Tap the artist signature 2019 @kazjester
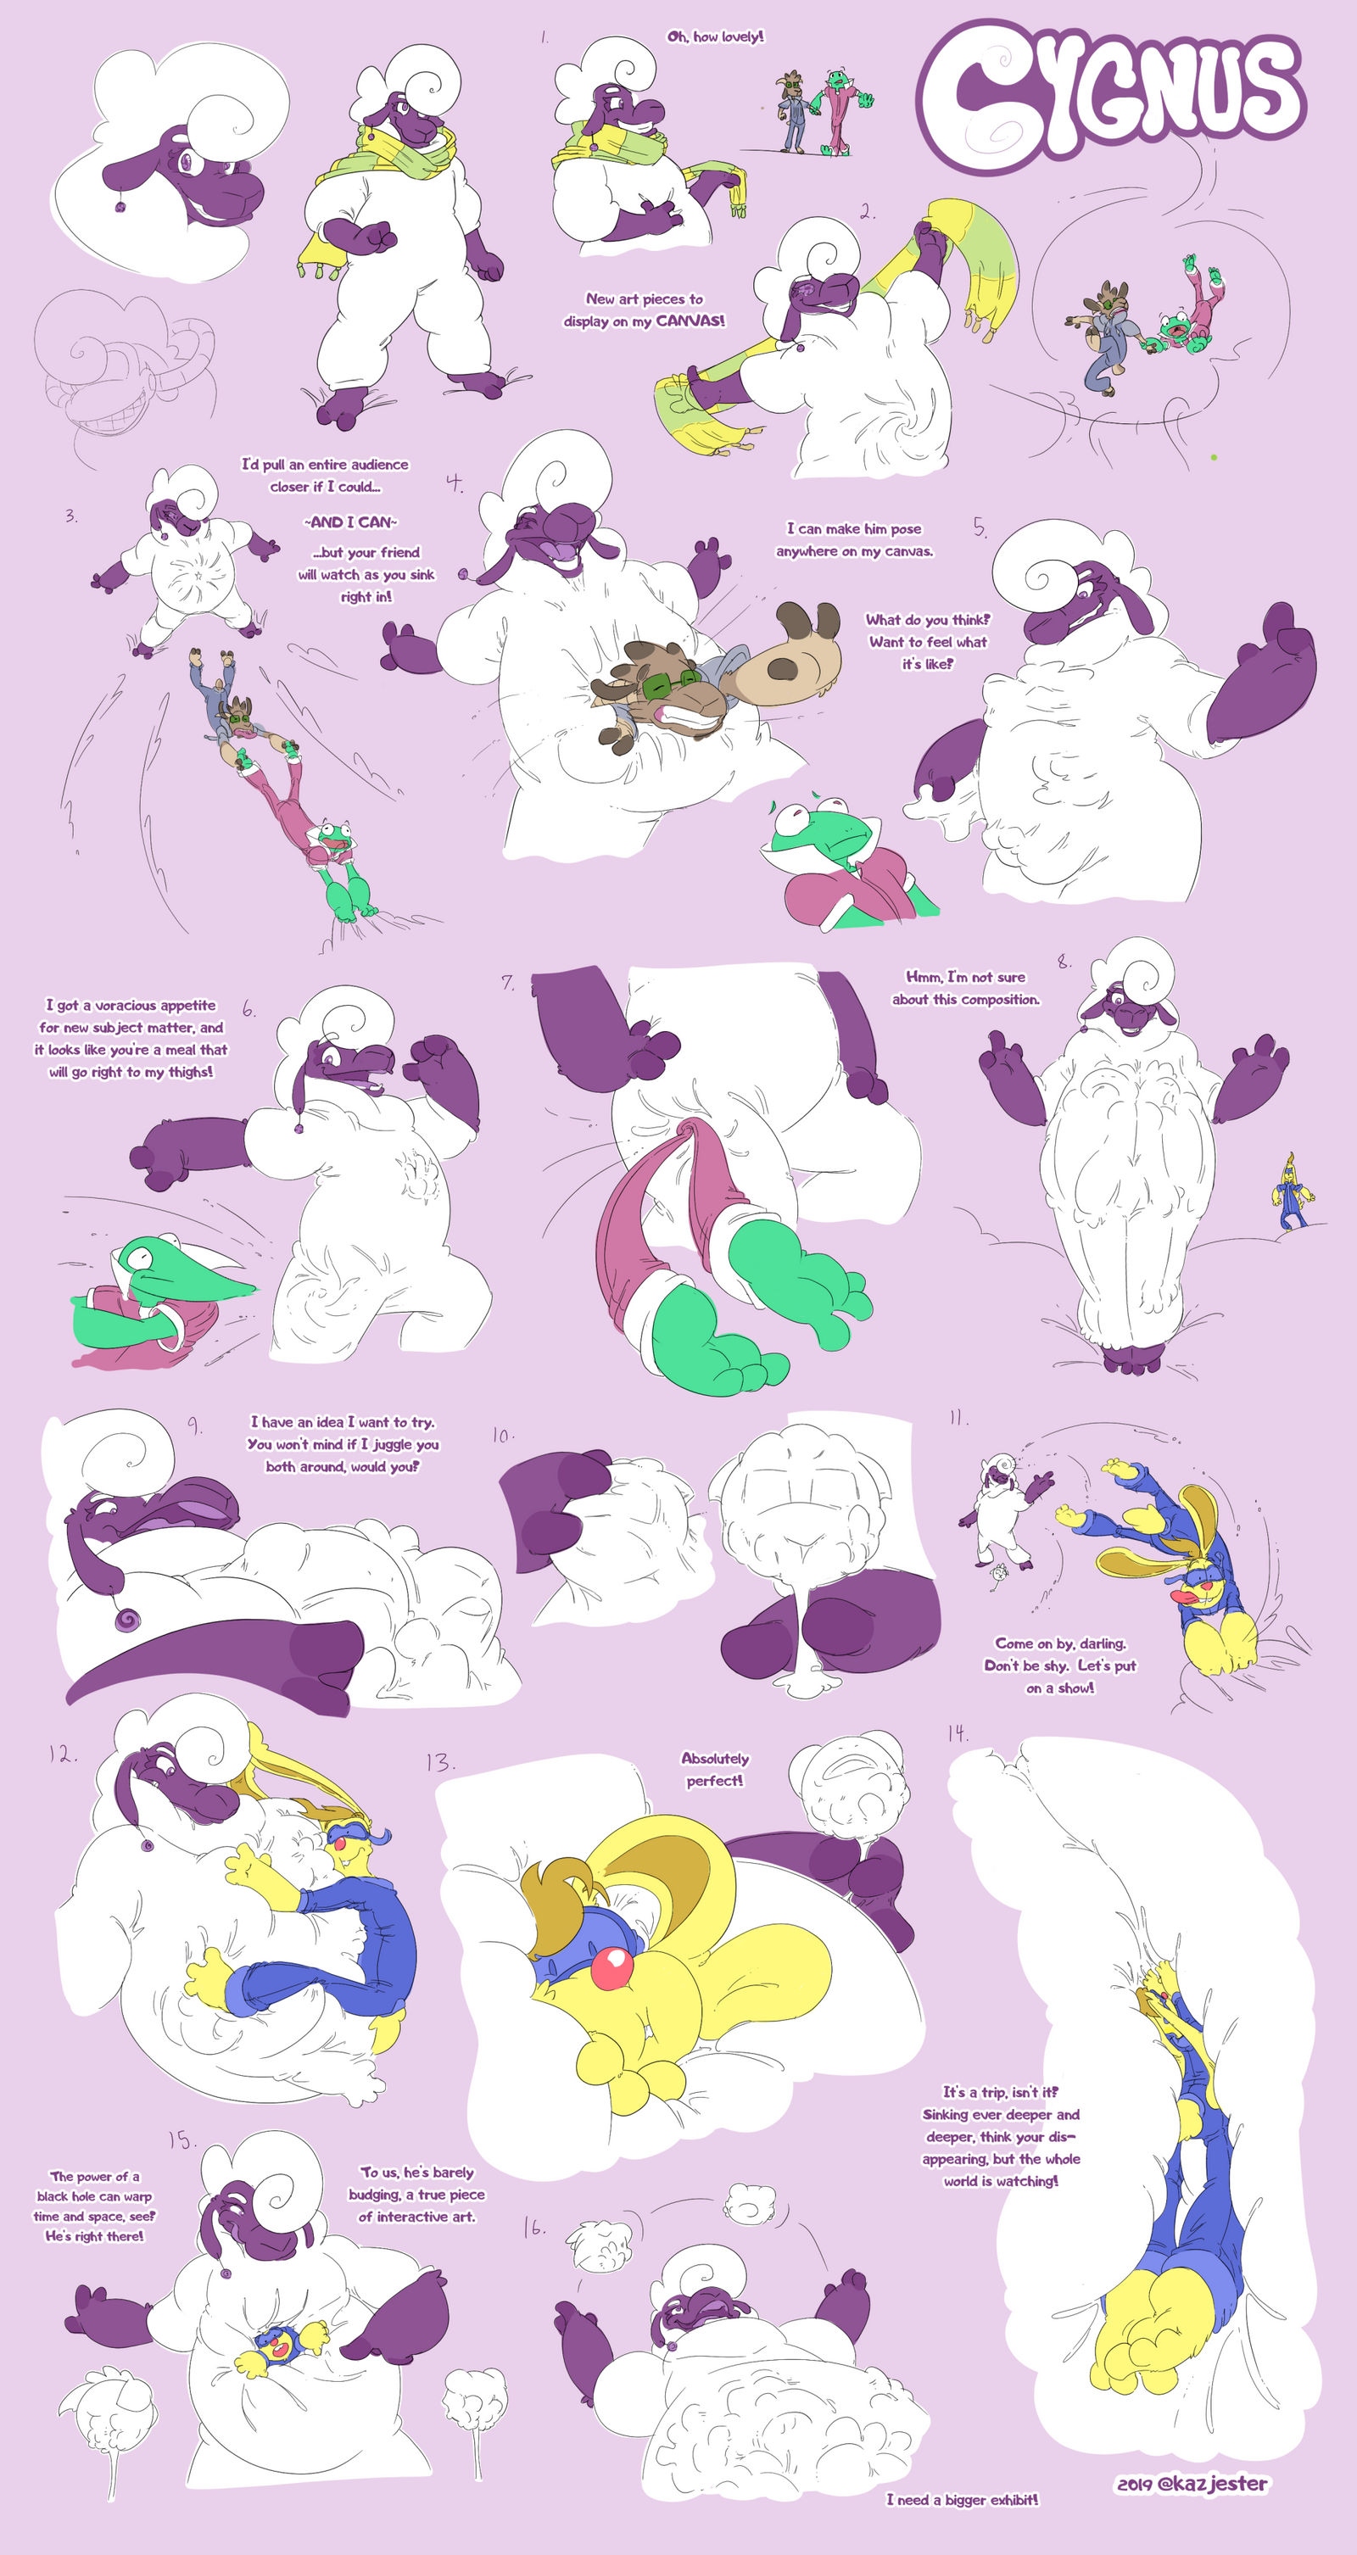click(1192, 2485)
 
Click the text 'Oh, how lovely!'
click(715, 36)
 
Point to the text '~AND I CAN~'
click(350, 522)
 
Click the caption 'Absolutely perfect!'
click(715, 1771)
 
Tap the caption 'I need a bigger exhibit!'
click(963, 2500)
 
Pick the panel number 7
click(508, 982)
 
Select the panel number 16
click(533, 2229)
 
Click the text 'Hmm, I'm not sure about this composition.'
click(966, 988)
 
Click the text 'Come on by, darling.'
click(1060, 1643)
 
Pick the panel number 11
click(958, 1420)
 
